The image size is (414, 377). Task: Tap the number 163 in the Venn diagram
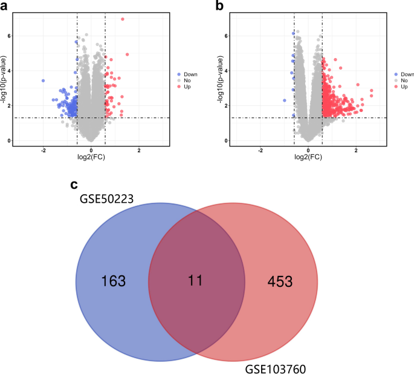pos(114,281)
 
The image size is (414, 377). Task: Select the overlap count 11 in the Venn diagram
pos(195,281)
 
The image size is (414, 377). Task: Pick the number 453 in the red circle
pos(280,281)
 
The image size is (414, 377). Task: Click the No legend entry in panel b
pos(403,78)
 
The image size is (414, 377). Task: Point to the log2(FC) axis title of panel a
pos(91,158)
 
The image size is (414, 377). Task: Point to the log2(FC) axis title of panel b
pos(308,158)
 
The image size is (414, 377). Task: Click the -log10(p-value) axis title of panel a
pos(5,79)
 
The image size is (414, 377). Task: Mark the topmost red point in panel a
pos(123,19)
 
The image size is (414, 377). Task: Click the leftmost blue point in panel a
pos(43,80)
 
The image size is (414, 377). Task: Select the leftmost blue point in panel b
pos(284,100)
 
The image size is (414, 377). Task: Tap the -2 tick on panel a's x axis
pos(43,149)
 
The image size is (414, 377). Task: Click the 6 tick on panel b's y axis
pos(226,36)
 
